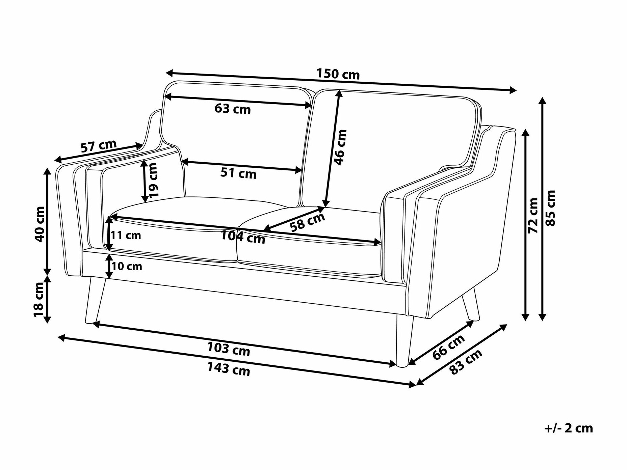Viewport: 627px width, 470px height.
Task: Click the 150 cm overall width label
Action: click(338, 74)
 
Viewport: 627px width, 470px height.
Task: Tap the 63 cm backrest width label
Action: click(233, 109)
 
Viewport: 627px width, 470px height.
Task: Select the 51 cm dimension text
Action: click(238, 173)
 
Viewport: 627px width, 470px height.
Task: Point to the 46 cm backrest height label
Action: click(340, 147)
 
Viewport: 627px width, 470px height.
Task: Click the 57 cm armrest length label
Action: click(99, 146)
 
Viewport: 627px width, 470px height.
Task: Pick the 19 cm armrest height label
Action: click(153, 181)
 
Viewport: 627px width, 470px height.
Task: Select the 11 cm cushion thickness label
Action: click(126, 235)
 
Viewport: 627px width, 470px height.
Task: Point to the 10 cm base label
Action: click(127, 267)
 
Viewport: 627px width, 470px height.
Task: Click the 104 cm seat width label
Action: click(243, 237)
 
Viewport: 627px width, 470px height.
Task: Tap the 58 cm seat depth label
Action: click(307, 222)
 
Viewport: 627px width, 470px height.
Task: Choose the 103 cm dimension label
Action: click(229, 350)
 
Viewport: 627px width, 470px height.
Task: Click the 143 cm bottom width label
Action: click(229, 369)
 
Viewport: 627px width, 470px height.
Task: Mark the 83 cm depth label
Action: click(466, 362)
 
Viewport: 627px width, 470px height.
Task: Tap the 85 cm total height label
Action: click(550, 208)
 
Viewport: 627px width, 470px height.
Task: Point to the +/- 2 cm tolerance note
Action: click(569, 428)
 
